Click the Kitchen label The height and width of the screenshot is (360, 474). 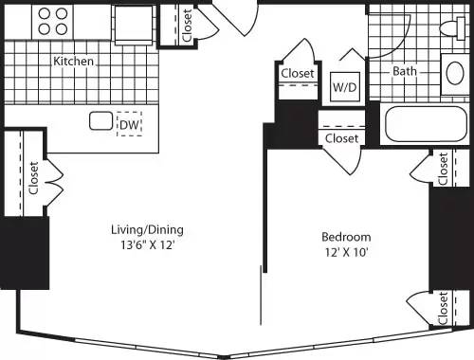[x=73, y=62]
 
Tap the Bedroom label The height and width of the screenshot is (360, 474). [x=346, y=237]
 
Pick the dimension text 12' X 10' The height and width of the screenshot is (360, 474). [x=346, y=253]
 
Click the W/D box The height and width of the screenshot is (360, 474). [x=343, y=87]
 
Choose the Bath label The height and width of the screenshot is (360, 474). [x=406, y=71]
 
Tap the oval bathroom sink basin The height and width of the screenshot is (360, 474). [x=453, y=74]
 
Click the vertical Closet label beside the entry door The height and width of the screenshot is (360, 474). [x=186, y=27]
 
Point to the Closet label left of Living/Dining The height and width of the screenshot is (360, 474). [x=33, y=177]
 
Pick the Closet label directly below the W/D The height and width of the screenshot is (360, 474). [x=341, y=138]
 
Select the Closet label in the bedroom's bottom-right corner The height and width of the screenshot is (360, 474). [x=443, y=308]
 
